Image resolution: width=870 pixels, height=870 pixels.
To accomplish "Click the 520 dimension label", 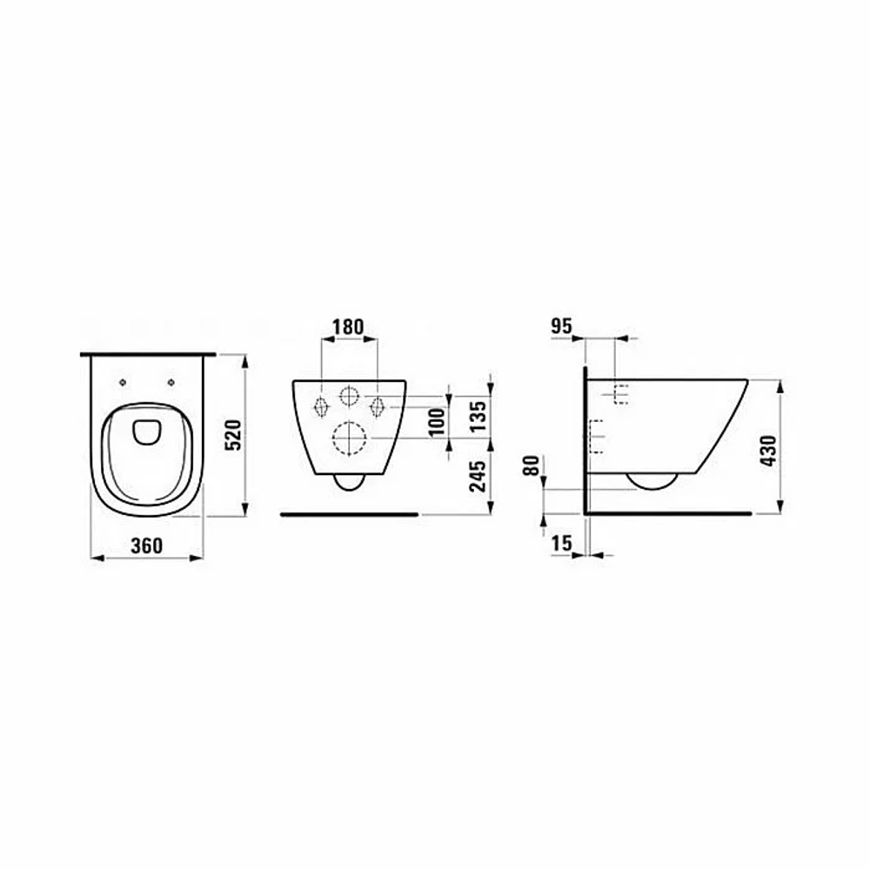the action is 236,435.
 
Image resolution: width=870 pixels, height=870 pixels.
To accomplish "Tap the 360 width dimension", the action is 147,546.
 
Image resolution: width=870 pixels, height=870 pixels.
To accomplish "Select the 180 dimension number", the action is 349,327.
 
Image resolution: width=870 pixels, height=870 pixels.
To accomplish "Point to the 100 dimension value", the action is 438,421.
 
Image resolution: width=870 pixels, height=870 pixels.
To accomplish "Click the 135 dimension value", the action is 478,416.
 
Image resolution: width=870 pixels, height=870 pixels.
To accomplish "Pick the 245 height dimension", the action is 478,476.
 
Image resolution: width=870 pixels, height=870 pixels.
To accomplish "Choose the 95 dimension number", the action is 561,326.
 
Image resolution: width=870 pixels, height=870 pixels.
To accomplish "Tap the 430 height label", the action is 768,451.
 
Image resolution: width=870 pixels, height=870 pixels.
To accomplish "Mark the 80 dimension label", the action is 532,465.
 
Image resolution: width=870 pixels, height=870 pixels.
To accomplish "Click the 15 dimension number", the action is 561,543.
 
